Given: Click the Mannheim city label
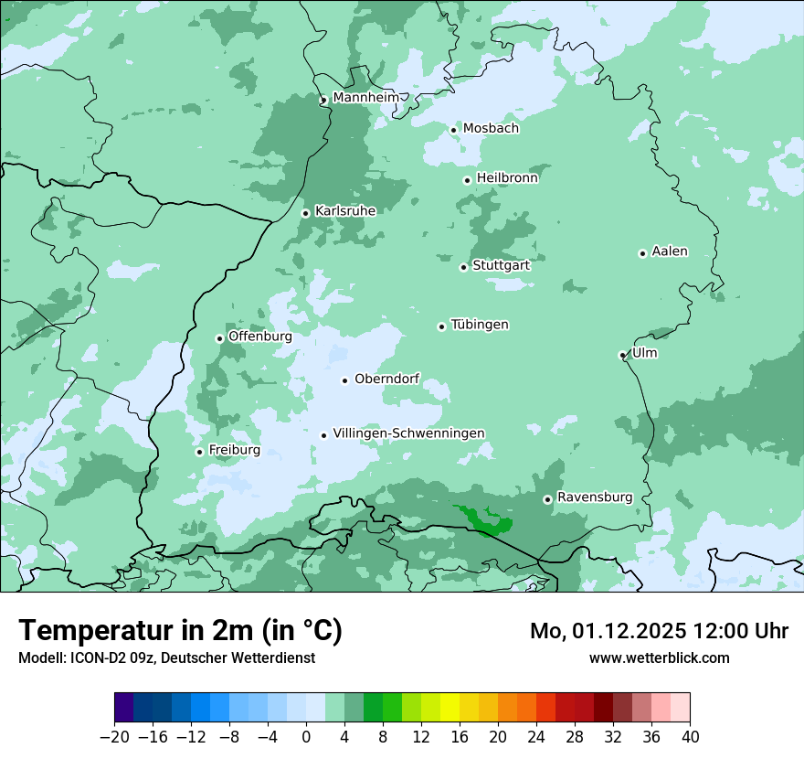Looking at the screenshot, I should coord(365,97).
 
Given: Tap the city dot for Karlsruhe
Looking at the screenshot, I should coord(306,213).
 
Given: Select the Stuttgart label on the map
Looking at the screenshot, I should coord(501,265).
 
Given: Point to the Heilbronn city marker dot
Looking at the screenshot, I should coord(467,180).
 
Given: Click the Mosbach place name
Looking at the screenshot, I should coord(491,128).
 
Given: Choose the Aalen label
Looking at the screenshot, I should coord(670,251).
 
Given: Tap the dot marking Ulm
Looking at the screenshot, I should coord(622,355).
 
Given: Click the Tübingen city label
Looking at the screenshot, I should coord(480,325).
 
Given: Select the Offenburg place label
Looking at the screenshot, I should coord(260,336).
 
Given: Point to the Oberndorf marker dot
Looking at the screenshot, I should coord(344,380).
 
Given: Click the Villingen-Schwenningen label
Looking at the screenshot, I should coord(408,433).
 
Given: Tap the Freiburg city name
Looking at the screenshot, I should coord(234,450).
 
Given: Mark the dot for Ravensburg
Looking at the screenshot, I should coord(547,499).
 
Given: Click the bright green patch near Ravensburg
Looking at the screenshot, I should coord(490,522).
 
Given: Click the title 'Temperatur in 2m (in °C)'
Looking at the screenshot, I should coord(180,630).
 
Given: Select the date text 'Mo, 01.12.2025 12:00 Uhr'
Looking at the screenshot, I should coord(659,631).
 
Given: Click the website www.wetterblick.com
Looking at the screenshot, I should coord(659,657).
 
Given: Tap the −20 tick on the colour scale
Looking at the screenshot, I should coord(115,737).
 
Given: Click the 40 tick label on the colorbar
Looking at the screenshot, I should coord(690,737).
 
